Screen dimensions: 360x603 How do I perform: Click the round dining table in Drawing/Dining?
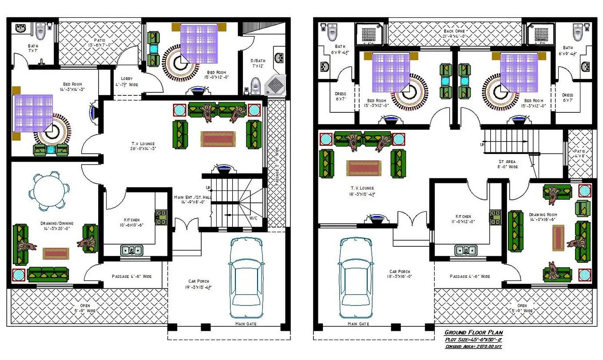click(48, 190)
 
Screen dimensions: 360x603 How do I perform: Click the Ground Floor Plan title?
click(473, 332)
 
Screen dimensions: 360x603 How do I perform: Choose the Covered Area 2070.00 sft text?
click(473, 347)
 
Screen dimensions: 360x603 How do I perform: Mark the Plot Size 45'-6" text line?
click(473, 340)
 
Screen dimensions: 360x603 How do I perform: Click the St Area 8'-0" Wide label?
click(507, 164)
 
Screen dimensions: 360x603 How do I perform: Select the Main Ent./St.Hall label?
click(193, 199)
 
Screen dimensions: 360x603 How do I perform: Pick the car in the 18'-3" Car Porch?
click(357, 277)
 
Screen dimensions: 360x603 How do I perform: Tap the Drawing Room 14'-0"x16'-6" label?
click(543, 217)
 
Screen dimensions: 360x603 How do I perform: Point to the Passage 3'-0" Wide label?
click(276, 166)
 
